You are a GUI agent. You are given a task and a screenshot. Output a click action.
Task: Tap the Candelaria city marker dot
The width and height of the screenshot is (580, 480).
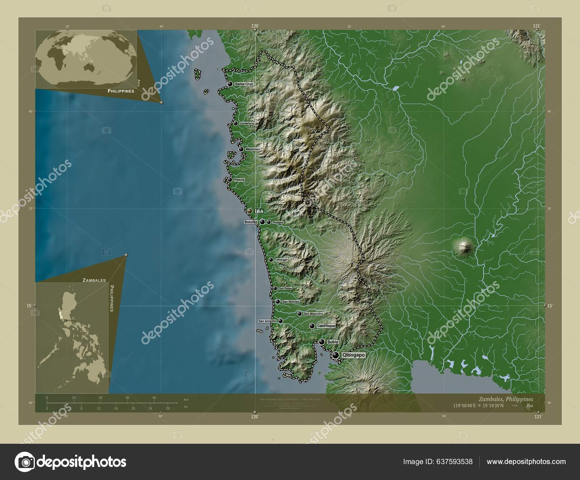[236, 124]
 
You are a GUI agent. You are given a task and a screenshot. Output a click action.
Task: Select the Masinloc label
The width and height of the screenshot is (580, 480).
[253, 149]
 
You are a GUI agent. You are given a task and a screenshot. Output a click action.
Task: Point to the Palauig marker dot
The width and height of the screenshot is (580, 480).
[230, 180]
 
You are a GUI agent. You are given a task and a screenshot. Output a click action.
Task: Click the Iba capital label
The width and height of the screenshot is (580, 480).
[259, 211]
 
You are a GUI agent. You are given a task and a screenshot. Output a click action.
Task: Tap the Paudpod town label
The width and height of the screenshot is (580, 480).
[278, 222]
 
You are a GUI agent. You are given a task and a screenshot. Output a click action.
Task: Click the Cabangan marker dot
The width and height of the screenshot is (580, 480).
[271, 260]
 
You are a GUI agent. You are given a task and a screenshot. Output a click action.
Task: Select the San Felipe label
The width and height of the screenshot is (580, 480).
[285, 289]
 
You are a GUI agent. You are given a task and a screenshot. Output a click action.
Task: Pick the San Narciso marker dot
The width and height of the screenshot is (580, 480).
[277, 302]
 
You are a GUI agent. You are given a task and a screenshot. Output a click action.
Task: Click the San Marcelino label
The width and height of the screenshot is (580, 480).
[314, 314]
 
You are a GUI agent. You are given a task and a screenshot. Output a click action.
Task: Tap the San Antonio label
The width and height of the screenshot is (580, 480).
[267, 321]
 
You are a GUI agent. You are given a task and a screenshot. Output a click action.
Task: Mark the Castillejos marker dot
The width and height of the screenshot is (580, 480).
[312, 326]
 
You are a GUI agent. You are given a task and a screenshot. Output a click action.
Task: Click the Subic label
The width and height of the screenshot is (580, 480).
[332, 342]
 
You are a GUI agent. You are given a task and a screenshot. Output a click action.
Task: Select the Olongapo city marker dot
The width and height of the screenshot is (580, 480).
[336, 356]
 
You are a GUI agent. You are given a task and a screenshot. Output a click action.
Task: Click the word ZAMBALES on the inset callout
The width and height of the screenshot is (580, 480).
[94, 280]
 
